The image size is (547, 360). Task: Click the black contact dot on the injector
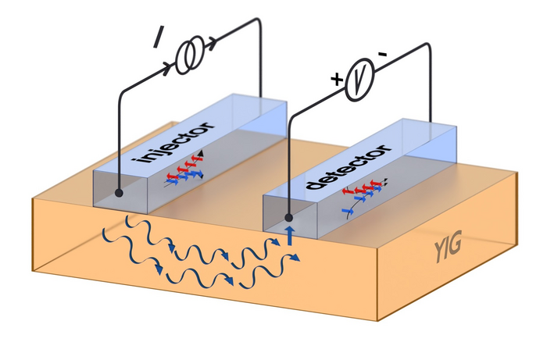click(118, 191)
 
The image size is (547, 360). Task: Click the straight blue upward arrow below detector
click(291, 234)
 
